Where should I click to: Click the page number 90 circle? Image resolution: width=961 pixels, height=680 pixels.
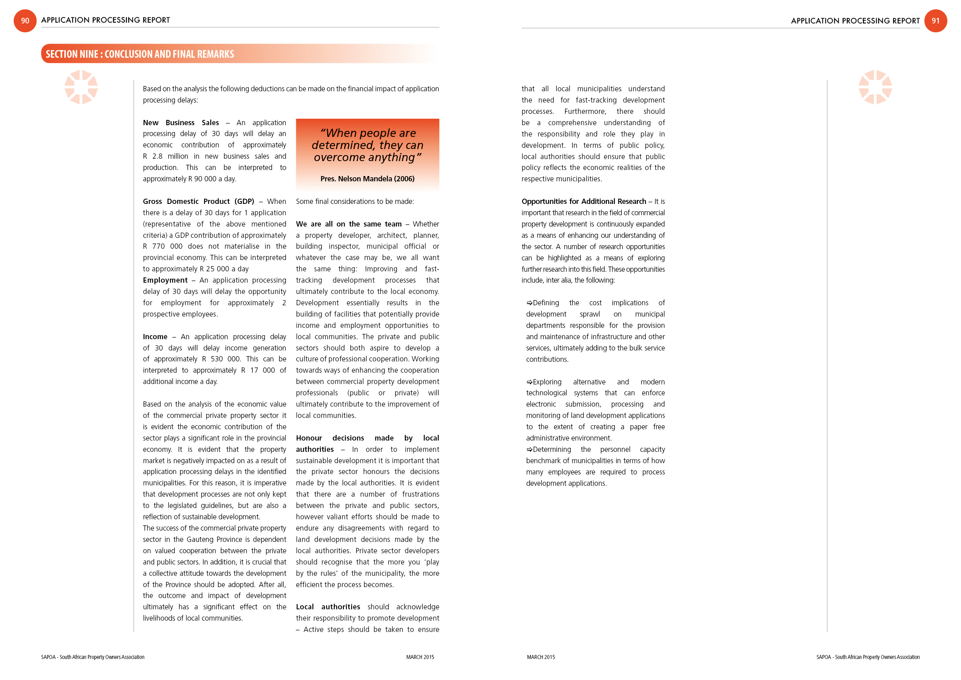(25, 21)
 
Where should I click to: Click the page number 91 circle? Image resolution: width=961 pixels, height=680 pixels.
(936, 21)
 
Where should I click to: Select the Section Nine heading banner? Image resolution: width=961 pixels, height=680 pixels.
(140, 54)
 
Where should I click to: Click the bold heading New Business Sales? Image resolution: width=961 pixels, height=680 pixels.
(180, 123)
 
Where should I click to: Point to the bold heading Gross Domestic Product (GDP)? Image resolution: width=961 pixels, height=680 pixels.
(199, 201)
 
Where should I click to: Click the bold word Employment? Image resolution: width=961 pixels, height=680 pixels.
(165, 280)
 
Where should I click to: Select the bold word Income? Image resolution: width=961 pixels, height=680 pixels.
(155, 337)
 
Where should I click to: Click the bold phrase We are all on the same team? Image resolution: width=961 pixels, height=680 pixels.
(348, 224)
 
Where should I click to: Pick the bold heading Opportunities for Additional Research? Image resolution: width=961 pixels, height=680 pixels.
(584, 201)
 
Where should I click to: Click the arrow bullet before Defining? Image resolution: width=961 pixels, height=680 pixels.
(530, 303)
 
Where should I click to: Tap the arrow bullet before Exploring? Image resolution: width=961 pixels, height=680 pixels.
(530, 382)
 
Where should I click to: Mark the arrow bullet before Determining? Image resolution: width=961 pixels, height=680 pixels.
(530, 449)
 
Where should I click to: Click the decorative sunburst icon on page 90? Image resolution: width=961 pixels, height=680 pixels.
(81, 87)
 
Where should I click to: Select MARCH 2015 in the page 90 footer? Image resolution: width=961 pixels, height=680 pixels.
(420, 657)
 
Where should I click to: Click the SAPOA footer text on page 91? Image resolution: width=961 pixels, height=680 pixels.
(867, 657)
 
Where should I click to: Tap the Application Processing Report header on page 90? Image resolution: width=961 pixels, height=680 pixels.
(105, 20)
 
